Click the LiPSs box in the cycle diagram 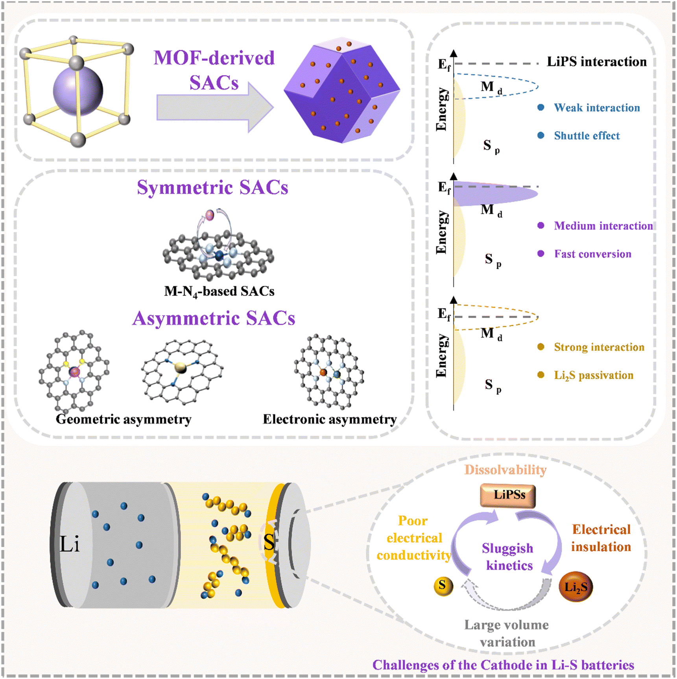tap(508, 495)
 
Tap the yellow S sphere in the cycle tap(443, 586)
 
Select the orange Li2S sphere tap(576, 587)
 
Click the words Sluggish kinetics tap(508, 557)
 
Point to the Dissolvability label tap(505, 470)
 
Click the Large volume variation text tap(507, 633)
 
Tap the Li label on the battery tap(70, 544)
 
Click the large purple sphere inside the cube tap(78, 91)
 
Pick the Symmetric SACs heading tap(212, 187)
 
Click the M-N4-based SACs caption tap(219, 291)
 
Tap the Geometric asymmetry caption tap(124, 419)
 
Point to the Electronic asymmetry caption tap(330, 419)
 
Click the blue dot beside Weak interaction tap(541, 107)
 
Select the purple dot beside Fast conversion tap(541, 254)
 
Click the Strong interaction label tap(599, 347)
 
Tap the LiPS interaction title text tap(597, 62)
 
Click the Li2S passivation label tap(594, 376)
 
